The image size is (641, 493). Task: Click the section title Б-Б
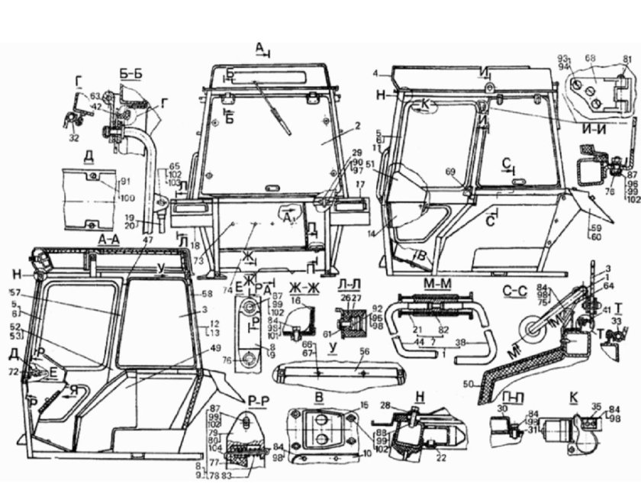130,74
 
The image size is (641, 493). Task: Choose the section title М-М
432,284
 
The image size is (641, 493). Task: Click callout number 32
74,138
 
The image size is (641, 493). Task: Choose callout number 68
589,58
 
